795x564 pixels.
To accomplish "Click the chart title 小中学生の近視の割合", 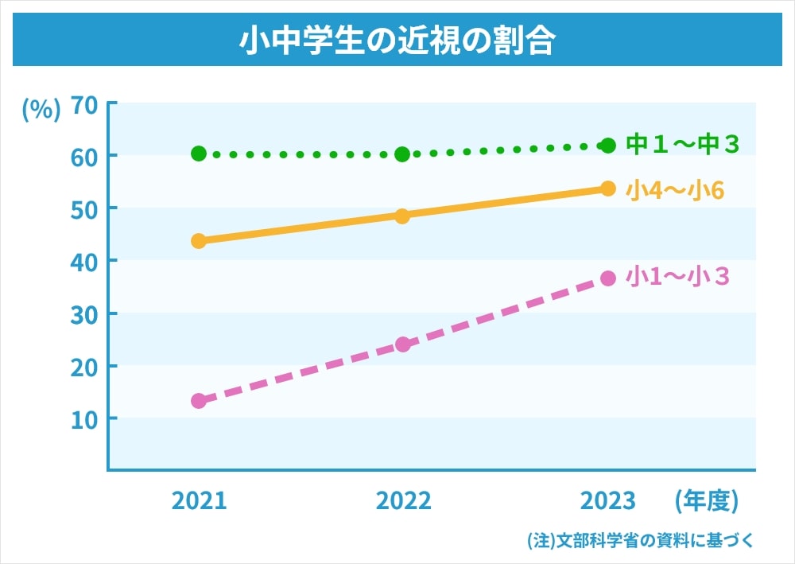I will coord(397,41).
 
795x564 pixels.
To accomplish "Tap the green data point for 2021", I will coord(199,153).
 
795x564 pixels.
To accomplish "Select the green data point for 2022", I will coord(402,154).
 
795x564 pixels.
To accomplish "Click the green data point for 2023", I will coord(608,145).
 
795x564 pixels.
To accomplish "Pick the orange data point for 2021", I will coord(199,240).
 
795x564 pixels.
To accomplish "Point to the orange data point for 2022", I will coord(402,216).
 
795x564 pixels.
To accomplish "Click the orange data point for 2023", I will coord(608,189).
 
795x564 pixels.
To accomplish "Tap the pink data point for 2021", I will coord(199,401).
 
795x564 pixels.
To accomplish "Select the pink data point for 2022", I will coord(402,344).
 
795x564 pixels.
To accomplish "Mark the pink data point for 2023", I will coord(608,278).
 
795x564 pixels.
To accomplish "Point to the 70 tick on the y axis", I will coord(83,104).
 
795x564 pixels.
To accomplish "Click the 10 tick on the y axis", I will coord(83,418).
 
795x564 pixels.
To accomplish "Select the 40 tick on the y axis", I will coord(83,261).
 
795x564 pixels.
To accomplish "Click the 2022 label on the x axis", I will coord(403,500).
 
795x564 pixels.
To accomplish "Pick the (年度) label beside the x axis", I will coord(706,500).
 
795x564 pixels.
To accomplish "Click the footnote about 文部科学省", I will coord(640,539).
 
